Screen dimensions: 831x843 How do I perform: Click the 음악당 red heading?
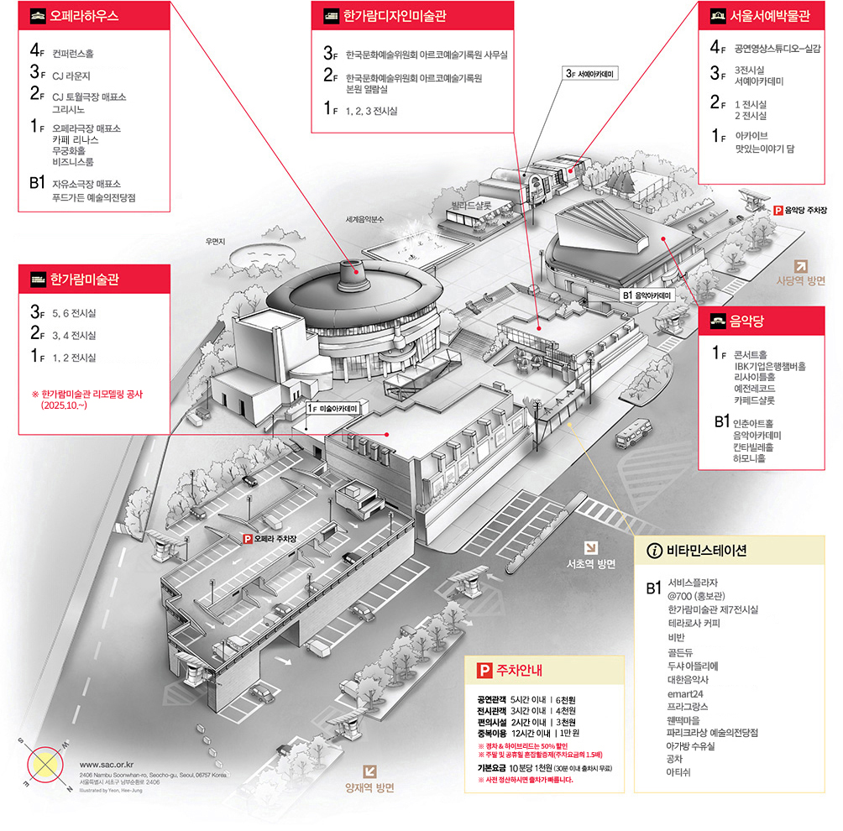click(738, 319)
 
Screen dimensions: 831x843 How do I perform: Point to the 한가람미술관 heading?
click(83, 279)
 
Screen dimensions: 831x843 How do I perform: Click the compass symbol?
click(47, 763)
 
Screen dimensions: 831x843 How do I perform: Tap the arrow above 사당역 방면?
click(800, 265)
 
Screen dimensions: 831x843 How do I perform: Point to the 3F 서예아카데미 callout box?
click(590, 74)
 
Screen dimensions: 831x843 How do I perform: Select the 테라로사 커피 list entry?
click(694, 624)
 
